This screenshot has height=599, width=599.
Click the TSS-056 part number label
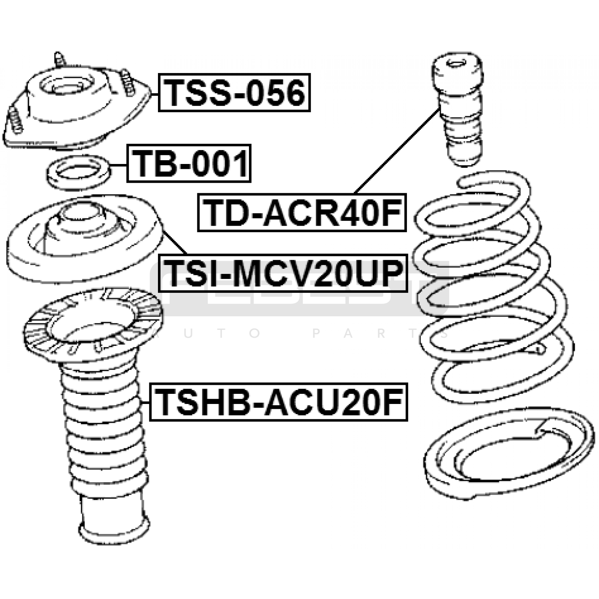tap(234, 92)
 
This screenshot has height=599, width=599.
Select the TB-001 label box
tap(189, 163)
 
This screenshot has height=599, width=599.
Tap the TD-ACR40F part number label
tap(302, 212)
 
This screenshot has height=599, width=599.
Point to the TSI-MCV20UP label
tap(283, 273)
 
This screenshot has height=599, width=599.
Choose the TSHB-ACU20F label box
tap(279, 402)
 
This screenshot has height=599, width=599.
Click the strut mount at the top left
tap(77, 103)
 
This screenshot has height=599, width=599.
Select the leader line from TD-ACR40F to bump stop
tap(397, 150)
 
